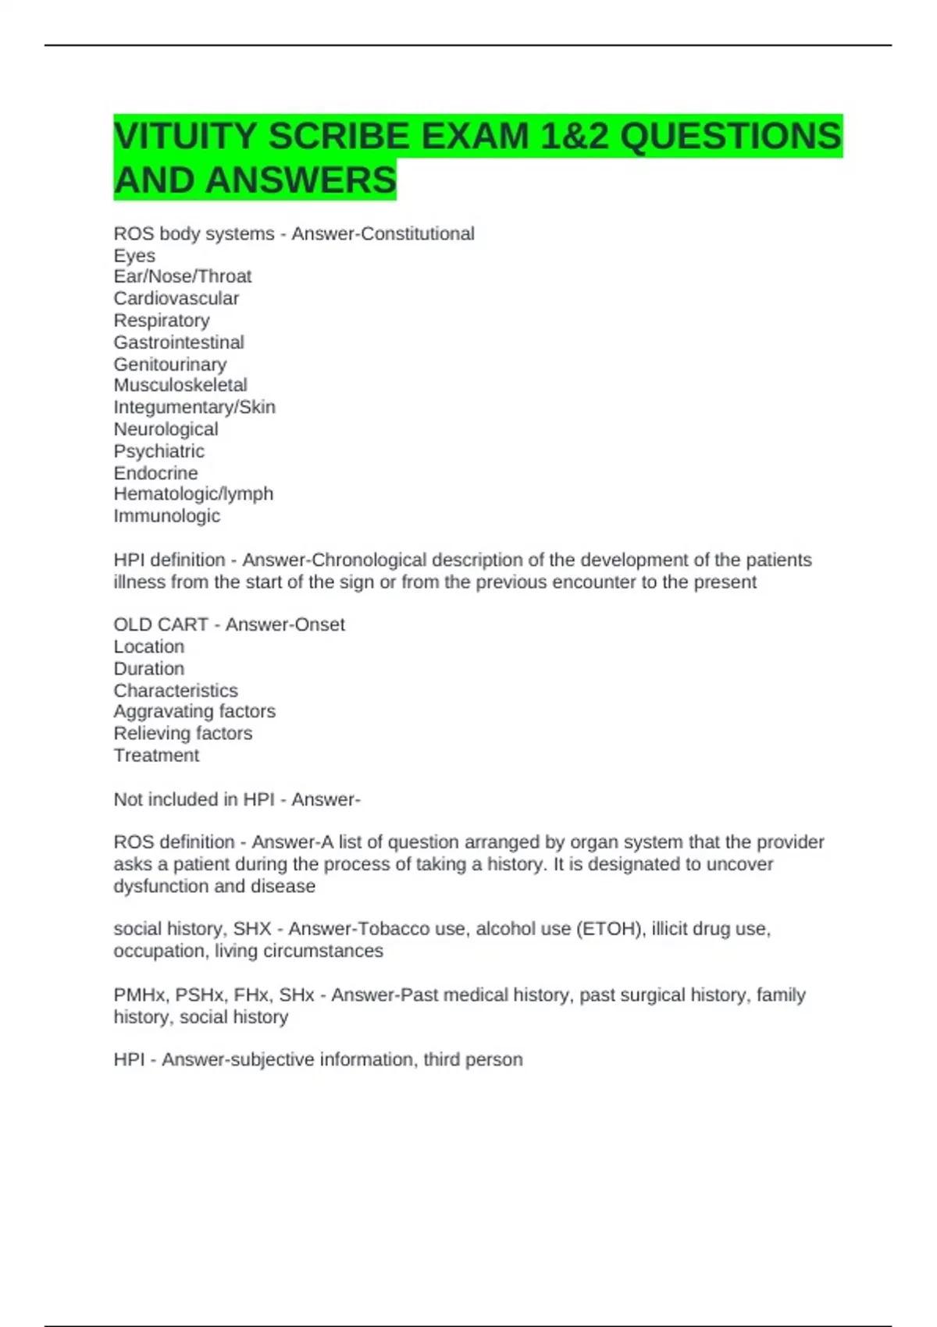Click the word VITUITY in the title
(x=184, y=137)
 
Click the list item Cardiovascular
(x=176, y=298)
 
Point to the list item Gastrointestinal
(x=179, y=342)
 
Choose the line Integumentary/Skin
(x=194, y=407)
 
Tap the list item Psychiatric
(x=159, y=451)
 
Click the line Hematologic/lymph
(x=193, y=493)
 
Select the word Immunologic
(x=166, y=516)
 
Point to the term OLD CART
(x=160, y=624)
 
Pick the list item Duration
(x=149, y=668)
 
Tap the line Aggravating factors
(x=194, y=711)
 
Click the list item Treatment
(x=156, y=755)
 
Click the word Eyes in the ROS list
(x=134, y=255)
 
